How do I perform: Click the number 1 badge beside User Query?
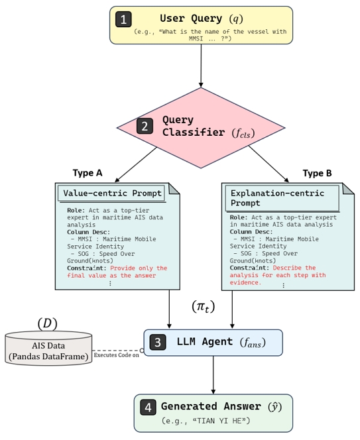[x=123, y=19]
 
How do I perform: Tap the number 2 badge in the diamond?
[x=145, y=126]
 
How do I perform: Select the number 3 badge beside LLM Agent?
[x=158, y=342]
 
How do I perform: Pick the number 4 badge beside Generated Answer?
[x=148, y=407]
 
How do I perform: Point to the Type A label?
[x=88, y=173]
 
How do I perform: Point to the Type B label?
[x=317, y=174]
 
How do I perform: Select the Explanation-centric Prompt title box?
[x=282, y=198]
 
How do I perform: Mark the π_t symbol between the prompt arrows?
[x=203, y=306]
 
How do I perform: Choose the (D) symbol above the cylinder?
[x=47, y=323]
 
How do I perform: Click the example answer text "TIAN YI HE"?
[x=217, y=421]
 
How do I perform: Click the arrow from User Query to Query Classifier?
[x=201, y=66]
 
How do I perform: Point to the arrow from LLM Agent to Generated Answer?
[x=213, y=375]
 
